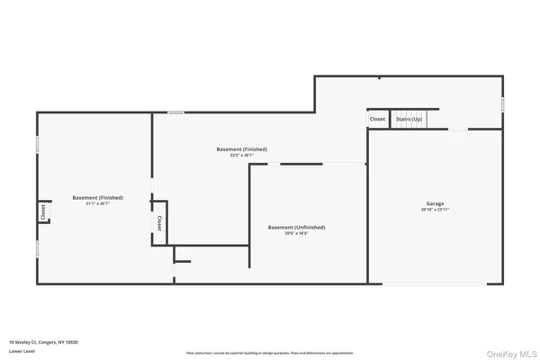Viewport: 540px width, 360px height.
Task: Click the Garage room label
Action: [435, 203]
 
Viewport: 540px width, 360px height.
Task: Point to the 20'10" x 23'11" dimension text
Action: [435, 210]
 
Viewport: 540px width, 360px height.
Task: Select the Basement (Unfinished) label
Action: [296, 227]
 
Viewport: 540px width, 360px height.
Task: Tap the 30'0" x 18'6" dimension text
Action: [296, 233]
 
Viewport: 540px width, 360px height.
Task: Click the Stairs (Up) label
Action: [409, 119]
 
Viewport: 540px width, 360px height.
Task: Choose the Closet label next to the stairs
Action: [377, 119]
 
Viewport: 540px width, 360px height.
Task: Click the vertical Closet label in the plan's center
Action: [159, 223]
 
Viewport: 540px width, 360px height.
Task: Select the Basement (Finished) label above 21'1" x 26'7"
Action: [98, 197]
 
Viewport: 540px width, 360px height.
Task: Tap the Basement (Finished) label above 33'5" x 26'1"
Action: [242, 148]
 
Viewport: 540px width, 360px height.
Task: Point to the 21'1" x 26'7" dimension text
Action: [98, 203]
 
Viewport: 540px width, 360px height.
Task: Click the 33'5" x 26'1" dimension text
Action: [242, 155]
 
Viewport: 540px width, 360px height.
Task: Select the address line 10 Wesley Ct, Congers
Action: [44, 342]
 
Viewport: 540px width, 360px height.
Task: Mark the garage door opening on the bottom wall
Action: [435, 284]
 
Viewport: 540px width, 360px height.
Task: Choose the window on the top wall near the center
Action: [176, 112]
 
